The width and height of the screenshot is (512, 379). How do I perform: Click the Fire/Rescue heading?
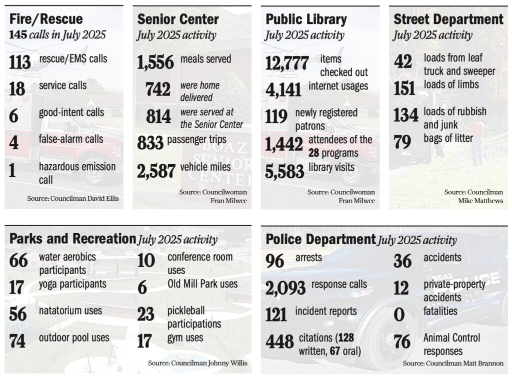[46, 19]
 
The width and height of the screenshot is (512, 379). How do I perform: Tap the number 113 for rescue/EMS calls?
[20, 62]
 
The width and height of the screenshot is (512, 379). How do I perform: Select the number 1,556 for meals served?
[155, 62]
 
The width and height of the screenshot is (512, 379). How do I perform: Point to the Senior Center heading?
[178, 19]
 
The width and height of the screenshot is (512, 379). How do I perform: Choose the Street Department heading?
[448, 19]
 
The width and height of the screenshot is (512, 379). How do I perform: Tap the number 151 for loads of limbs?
[404, 88]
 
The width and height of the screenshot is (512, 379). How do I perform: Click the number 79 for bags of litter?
[402, 142]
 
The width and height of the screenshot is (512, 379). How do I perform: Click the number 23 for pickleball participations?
[145, 314]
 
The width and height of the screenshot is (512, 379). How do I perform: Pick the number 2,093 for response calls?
[285, 288]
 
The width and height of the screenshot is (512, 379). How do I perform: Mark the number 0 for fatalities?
[399, 315]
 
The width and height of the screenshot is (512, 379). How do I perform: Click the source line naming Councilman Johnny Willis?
[197, 363]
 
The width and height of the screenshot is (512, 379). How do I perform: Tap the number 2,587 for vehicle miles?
[156, 171]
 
